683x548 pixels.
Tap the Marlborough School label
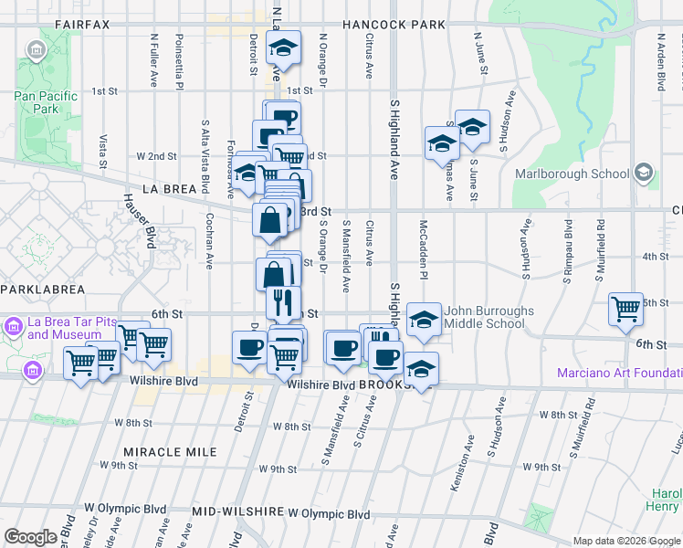pos(572,174)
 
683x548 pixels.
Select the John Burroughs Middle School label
pos(489,317)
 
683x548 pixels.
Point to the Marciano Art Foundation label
pos(620,373)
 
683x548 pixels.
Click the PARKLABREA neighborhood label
pos(43,289)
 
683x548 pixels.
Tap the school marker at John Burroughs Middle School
pos(423,318)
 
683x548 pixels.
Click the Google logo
pos(30,537)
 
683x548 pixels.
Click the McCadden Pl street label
pos(424,248)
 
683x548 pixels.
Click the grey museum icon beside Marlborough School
pos(644,173)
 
